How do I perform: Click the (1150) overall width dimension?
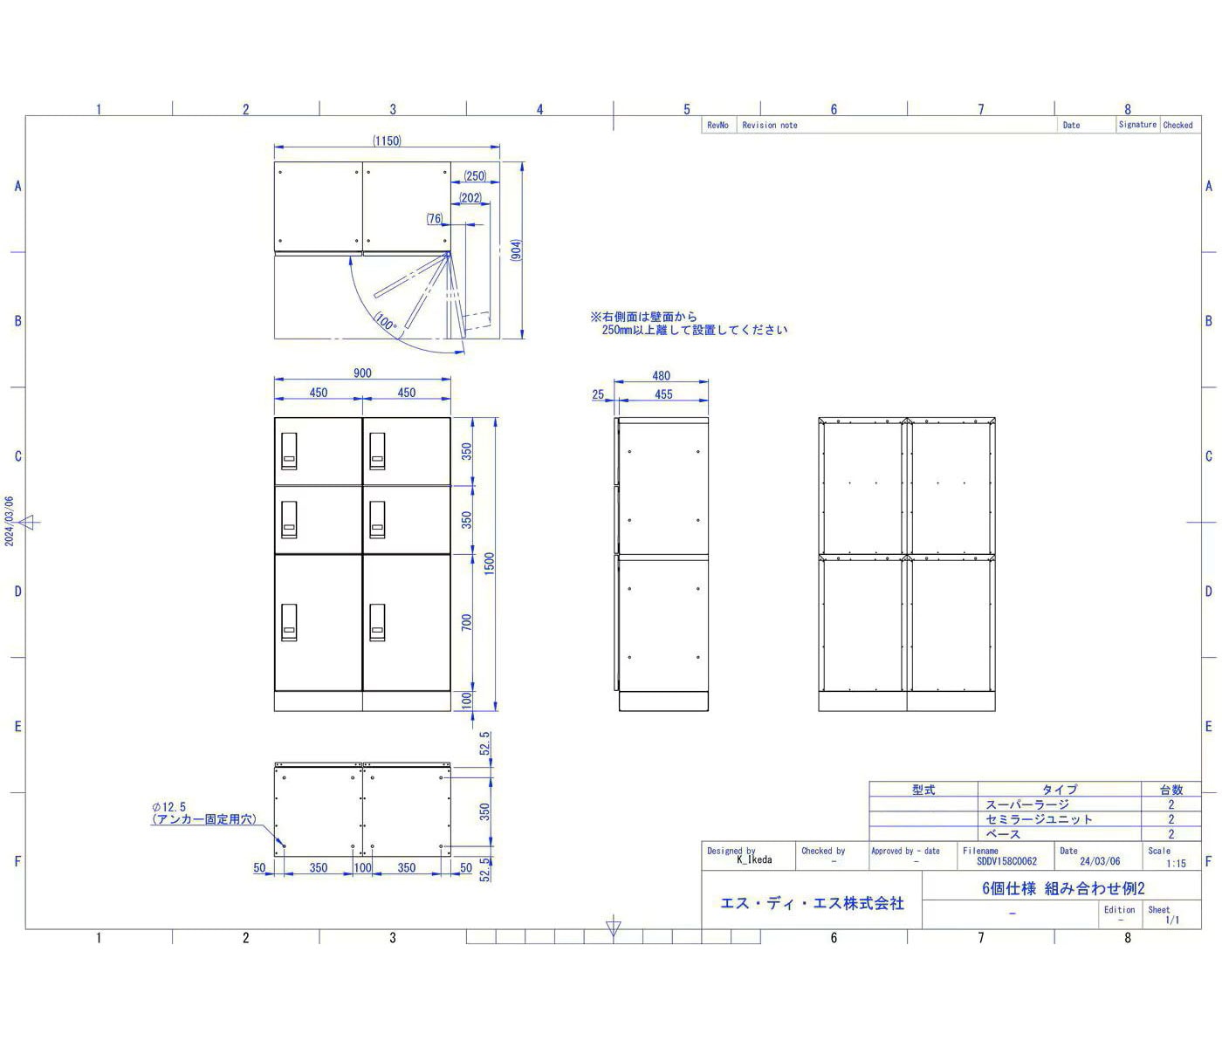[387, 140]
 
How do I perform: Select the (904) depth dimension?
[516, 250]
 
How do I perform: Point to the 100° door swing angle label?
[386, 322]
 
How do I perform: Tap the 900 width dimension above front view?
[362, 373]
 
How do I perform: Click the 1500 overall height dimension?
[489, 564]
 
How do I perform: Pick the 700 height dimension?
[466, 622]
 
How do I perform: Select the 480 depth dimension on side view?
[661, 376]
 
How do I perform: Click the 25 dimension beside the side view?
[598, 394]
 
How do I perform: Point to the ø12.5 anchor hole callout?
[169, 806]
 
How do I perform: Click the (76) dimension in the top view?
[435, 219]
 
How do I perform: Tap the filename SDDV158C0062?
[1006, 861]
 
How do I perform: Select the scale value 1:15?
[1176, 863]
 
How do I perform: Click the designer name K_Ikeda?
[754, 859]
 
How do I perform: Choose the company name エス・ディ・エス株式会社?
[812, 903]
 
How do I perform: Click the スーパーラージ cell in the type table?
[1026, 804]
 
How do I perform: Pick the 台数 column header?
[1171, 790]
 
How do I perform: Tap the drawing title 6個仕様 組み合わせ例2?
[1063, 888]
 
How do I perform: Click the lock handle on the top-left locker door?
[289, 451]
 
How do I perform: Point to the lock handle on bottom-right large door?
[377, 622]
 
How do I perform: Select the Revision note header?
[770, 126]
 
